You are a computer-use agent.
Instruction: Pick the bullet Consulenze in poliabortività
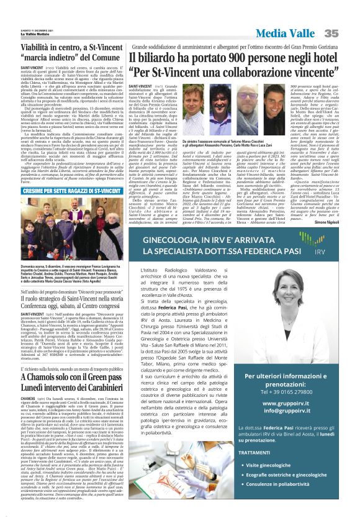[x=298, y=501]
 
